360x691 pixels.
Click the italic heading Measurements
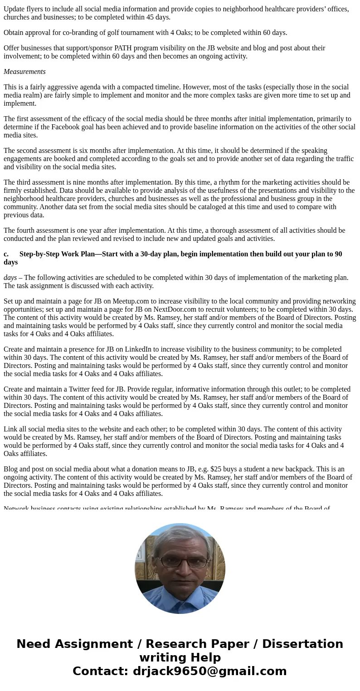click(24, 72)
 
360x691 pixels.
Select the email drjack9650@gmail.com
click(209, 671)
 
